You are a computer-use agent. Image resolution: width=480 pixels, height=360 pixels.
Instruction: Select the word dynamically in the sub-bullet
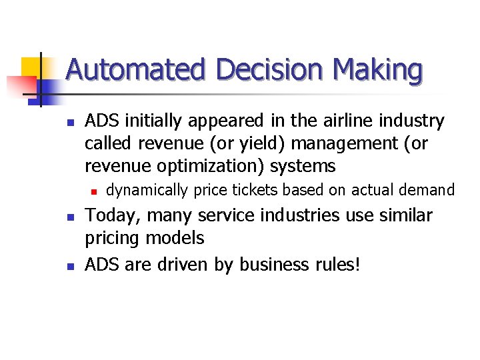click(147, 191)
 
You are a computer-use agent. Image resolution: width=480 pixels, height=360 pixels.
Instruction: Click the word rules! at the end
click(337, 265)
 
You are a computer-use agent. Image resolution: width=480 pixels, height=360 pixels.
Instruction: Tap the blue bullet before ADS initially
click(70, 122)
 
